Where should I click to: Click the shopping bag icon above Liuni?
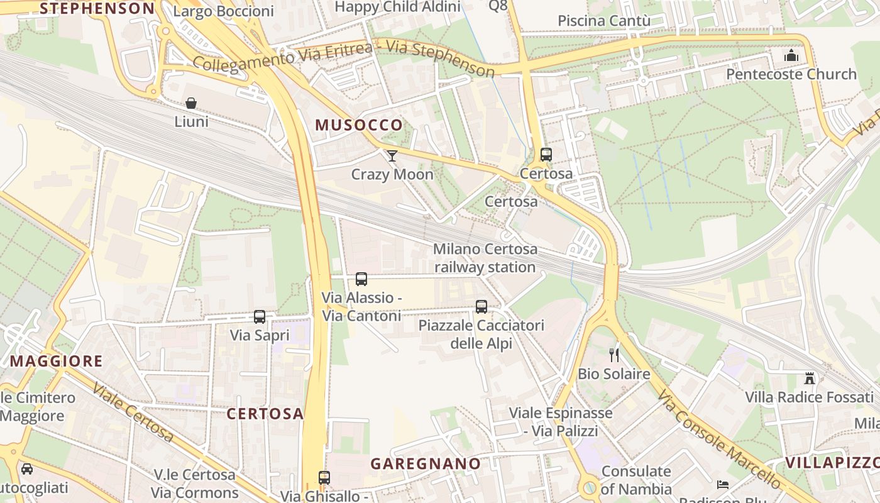click(x=191, y=103)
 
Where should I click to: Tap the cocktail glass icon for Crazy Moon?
click(x=392, y=155)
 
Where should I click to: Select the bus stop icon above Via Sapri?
click(x=260, y=317)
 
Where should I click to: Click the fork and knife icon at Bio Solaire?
click(x=614, y=355)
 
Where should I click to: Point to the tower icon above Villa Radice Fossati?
click(x=810, y=379)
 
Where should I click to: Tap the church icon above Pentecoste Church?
click(x=791, y=56)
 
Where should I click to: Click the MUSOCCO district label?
click(x=359, y=125)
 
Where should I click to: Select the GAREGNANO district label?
click(x=426, y=464)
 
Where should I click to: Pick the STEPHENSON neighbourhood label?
click(x=97, y=9)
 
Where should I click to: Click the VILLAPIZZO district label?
click(x=832, y=463)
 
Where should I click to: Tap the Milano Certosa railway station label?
click(x=485, y=258)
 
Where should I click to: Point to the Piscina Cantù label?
click(x=604, y=21)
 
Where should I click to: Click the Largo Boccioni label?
click(x=223, y=11)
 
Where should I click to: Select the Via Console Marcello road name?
click(x=720, y=438)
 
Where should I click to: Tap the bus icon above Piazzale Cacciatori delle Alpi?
click(x=481, y=307)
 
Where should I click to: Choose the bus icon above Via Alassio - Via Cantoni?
click(x=361, y=279)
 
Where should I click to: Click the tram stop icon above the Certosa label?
click(x=546, y=155)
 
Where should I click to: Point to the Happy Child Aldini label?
click(x=397, y=7)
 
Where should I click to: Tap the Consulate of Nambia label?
click(x=636, y=480)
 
